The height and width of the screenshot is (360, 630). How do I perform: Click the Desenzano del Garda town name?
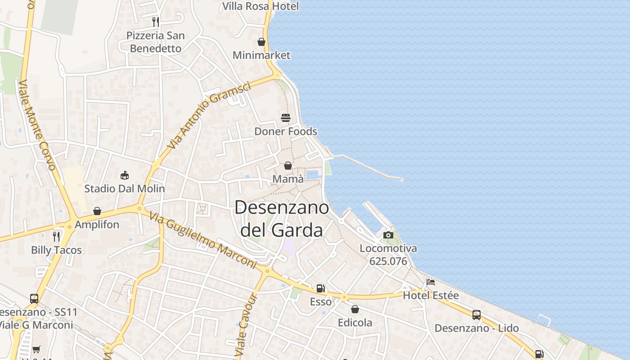tap(282, 219)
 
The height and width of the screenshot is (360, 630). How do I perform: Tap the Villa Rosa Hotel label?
tap(261, 6)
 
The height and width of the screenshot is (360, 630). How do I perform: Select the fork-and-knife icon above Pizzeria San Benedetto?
tap(156, 22)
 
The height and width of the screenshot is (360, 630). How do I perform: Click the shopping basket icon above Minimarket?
tap(261, 42)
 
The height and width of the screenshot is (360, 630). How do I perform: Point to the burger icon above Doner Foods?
tap(286, 118)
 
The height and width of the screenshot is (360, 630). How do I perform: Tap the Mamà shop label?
tap(288, 179)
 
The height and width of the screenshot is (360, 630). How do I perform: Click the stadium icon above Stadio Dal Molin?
tap(125, 175)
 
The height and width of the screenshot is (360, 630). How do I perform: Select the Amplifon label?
tap(97, 224)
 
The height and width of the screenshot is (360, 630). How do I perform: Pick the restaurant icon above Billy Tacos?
tap(56, 237)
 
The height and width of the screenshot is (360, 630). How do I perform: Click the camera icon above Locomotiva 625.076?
tap(388, 235)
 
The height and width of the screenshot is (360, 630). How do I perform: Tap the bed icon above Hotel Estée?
tap(431, 282)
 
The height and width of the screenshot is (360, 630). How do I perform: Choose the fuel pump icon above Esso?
tap(320, 288)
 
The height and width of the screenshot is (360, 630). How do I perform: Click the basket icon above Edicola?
tap(355, 309)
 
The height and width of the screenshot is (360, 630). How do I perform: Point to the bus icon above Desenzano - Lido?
tap(477, 315)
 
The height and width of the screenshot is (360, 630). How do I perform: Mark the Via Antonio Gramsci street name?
tap(209, 116)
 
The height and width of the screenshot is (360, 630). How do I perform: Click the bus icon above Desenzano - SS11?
tap(34, 298)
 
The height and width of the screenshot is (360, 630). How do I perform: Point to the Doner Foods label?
tap(286, 131)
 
